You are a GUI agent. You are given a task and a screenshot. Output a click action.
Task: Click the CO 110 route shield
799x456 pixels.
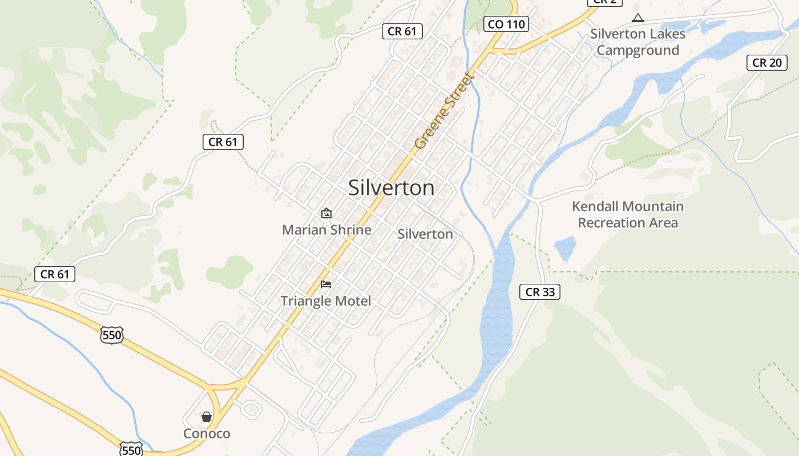[x=506, y=24]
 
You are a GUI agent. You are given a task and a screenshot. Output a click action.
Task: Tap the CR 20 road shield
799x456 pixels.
[x=766, y=63]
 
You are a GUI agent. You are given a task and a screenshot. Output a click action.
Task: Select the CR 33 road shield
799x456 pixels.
[x=539, y=292]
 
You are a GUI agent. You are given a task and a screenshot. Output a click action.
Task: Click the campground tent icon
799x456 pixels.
[x=637, y=18]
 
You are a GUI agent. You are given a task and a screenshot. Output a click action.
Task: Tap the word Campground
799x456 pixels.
[x=637, y=50]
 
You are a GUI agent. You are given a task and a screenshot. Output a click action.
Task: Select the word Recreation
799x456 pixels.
[x=611, y=222]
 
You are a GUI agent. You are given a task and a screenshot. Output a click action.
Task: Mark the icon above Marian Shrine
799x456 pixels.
[x=326, y=214]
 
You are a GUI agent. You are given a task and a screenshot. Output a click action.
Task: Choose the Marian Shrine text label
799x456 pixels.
[x=326, y=230]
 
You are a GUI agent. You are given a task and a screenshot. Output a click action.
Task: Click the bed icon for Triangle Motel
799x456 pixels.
[x=326, y=284]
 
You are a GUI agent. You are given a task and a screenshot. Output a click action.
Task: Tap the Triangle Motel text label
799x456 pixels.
[x=326, y=301]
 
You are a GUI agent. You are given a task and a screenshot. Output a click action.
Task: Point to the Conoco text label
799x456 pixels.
[x=207, y=434]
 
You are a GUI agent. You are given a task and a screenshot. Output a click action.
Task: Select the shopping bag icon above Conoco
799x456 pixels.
[x=207, y=417]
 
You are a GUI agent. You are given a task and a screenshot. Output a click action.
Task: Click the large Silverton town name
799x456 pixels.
[x=391, y=188]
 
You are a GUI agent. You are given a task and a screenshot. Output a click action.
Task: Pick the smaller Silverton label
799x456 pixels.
[x=425, y=234]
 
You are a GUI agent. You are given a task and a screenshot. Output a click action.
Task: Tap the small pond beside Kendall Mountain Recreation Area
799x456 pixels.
[x=565, y=248]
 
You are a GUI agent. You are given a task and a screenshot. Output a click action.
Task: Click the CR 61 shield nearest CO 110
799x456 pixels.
[x=402, y=31]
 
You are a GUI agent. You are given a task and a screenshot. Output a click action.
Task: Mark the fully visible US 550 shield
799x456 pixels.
[x=111, y=335]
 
